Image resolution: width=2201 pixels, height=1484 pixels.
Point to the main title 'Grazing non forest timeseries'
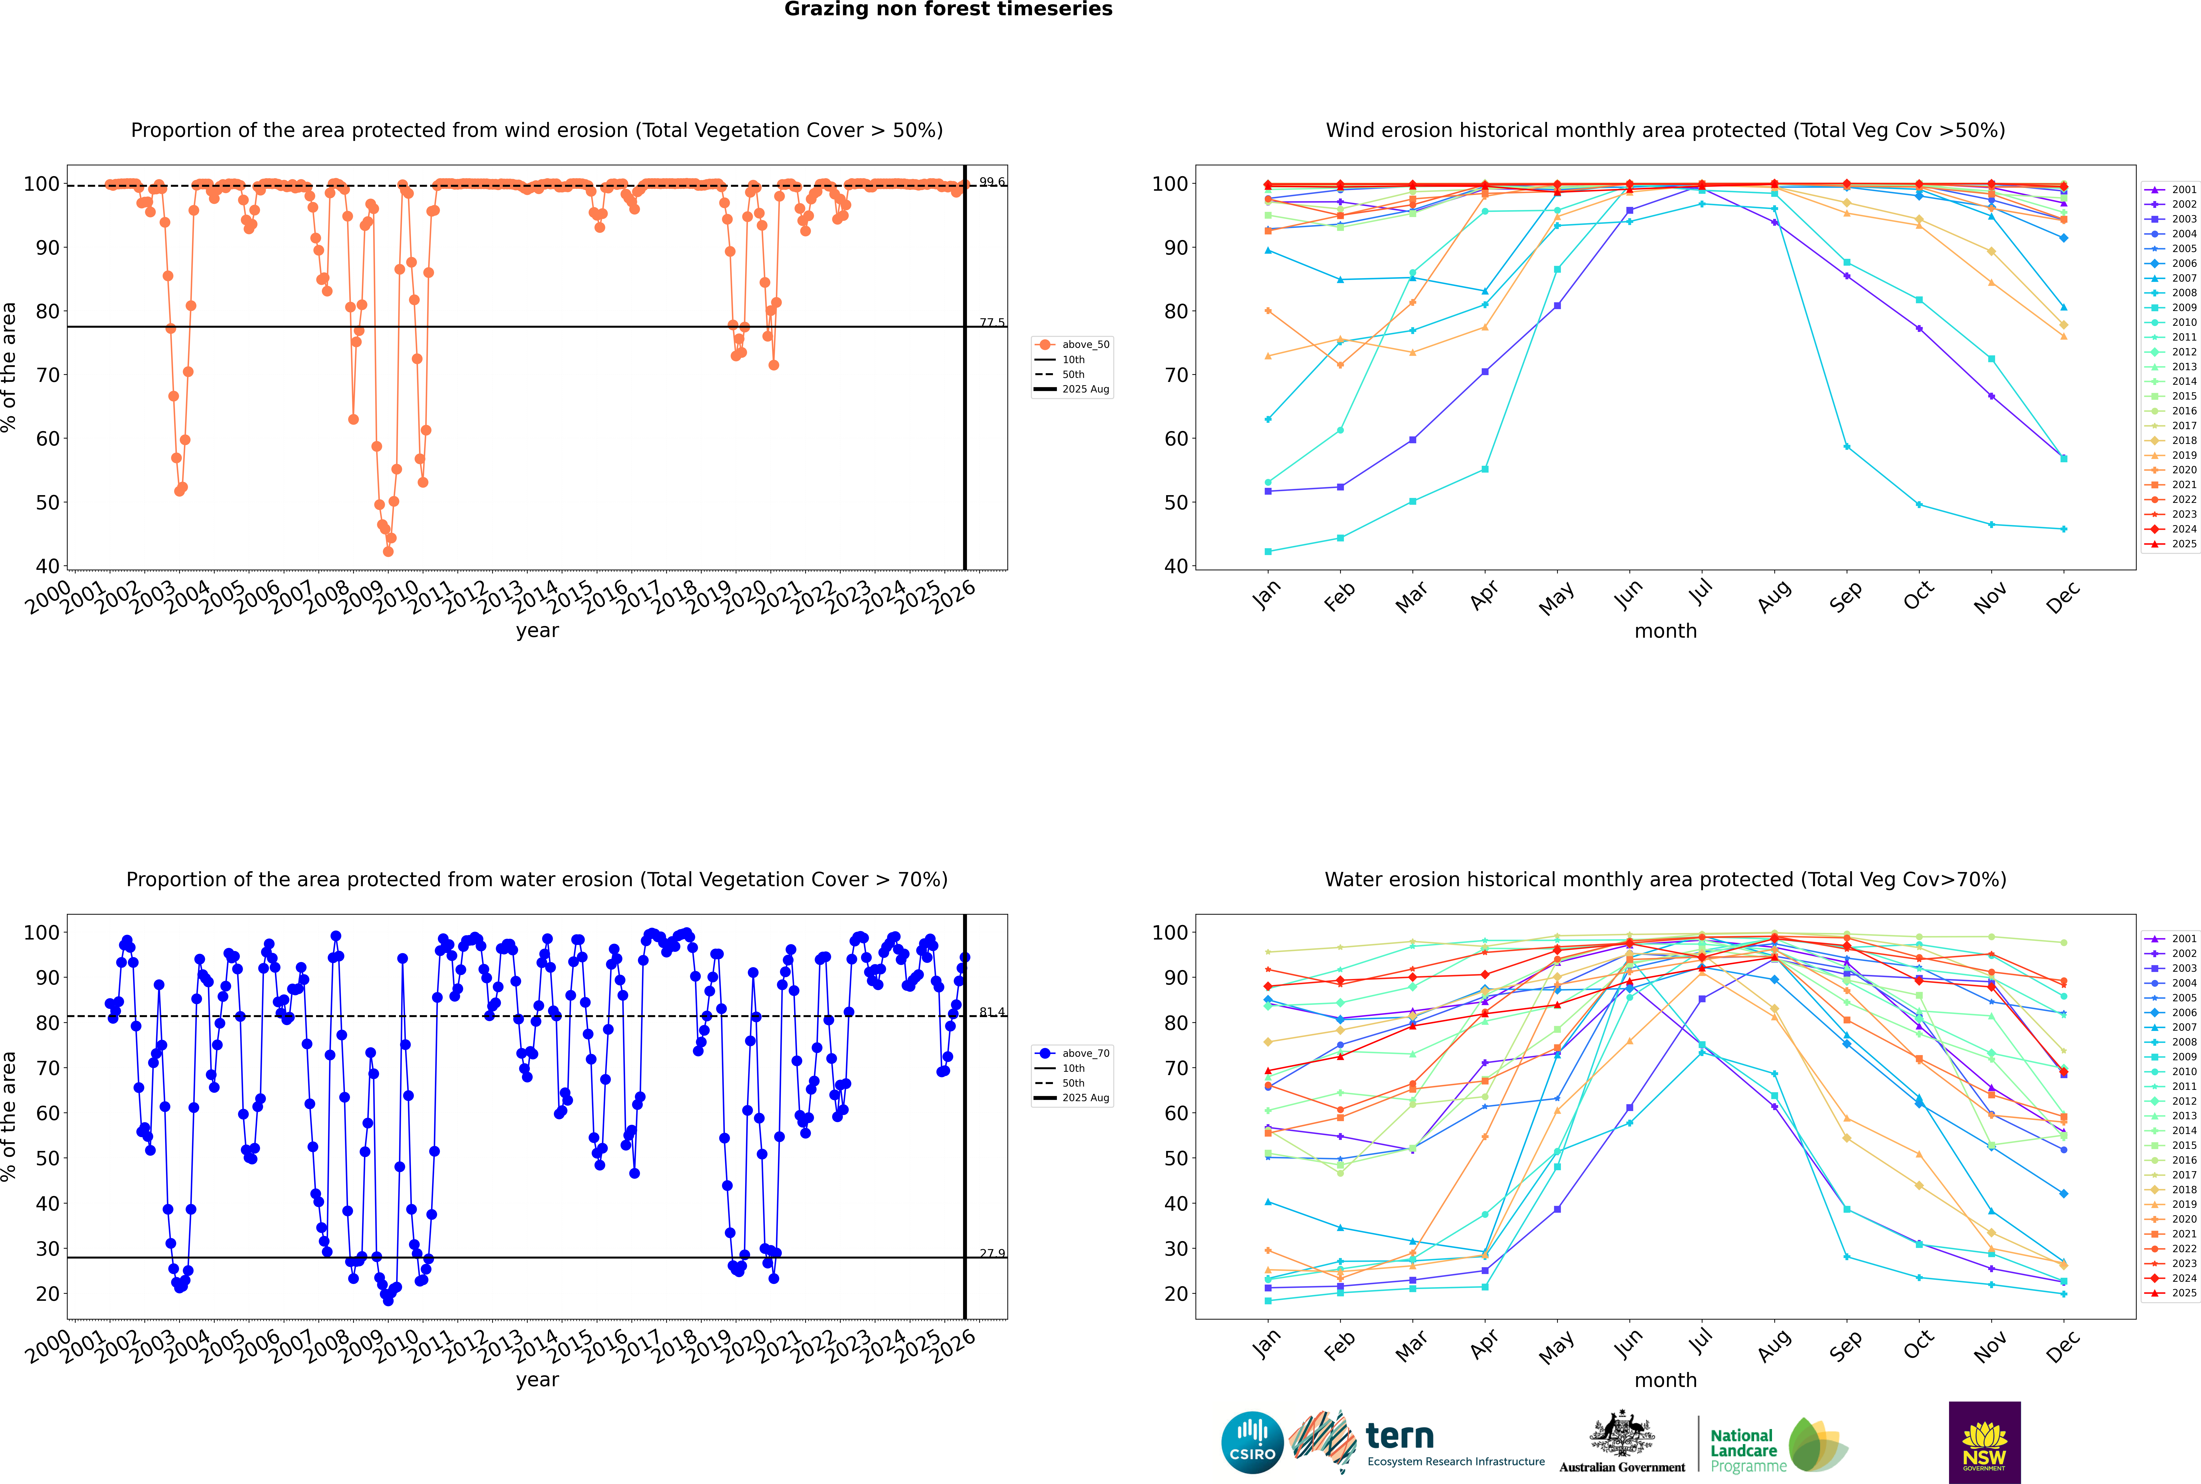tap(948, 9)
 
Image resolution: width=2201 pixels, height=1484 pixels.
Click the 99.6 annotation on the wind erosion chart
tap(992, 182)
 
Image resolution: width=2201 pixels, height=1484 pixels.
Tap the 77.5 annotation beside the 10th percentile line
tap(992, 323)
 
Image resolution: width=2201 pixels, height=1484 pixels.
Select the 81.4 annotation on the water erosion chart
tap(992, 1012)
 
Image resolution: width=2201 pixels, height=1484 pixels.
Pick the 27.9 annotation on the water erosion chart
tap(992, 1253)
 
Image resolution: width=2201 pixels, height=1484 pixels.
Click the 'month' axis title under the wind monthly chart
tap(1665, 631)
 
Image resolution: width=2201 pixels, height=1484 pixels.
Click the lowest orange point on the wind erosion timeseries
tap(388, 552)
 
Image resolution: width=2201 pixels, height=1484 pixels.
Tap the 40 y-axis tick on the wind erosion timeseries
tap(47, 566)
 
